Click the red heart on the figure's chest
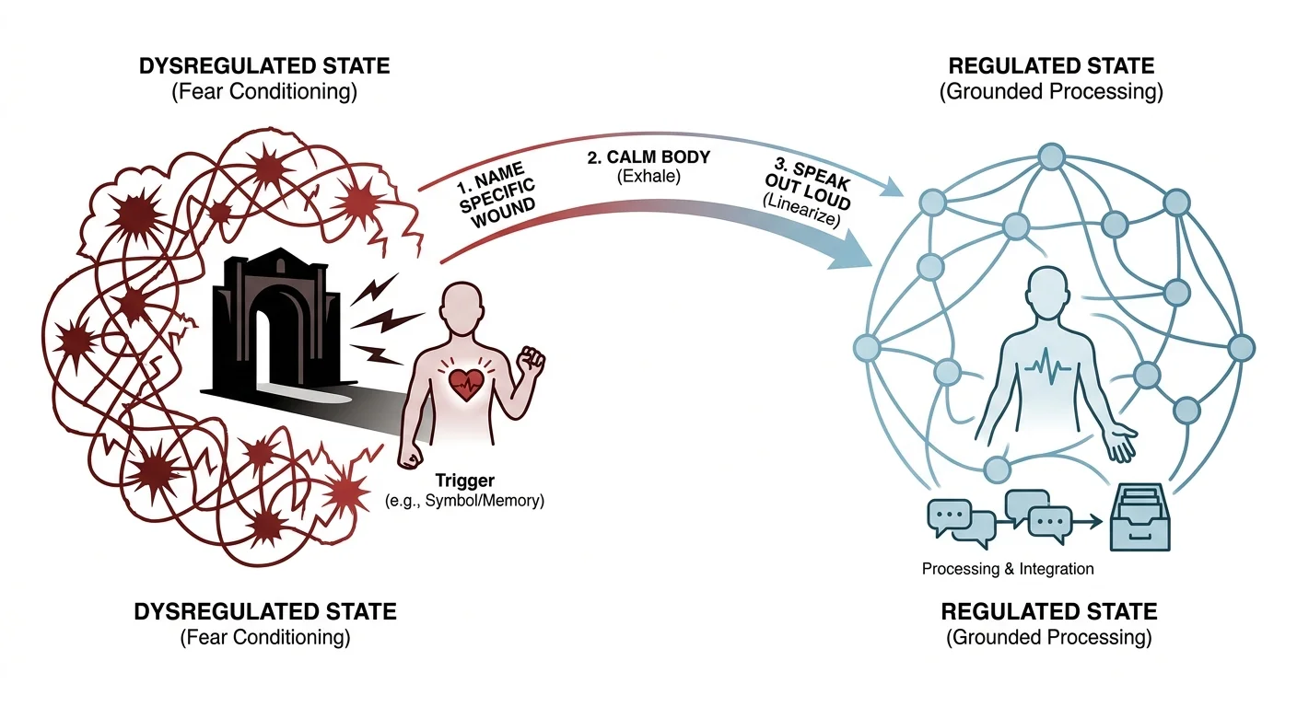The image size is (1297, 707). (467, 384)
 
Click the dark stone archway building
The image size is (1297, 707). (278, 324)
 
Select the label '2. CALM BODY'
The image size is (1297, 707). (648, 157)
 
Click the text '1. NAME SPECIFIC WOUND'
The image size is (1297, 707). (497, 195)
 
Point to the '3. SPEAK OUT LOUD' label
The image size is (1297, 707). (810, 184)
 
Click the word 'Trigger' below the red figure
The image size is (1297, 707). (465, 481)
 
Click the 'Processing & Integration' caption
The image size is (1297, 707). (1008, 569)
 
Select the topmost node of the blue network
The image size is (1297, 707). (1051, 156)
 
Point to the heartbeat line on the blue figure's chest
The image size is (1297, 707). (1047, 365)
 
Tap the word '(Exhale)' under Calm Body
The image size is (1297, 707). (648, 177)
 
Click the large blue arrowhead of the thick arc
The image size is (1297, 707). (851, 250)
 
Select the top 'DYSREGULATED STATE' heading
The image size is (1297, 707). (264, 66)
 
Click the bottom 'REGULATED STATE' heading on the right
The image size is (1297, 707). (1049, 611)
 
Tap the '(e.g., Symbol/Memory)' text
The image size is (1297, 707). (465, 501)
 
